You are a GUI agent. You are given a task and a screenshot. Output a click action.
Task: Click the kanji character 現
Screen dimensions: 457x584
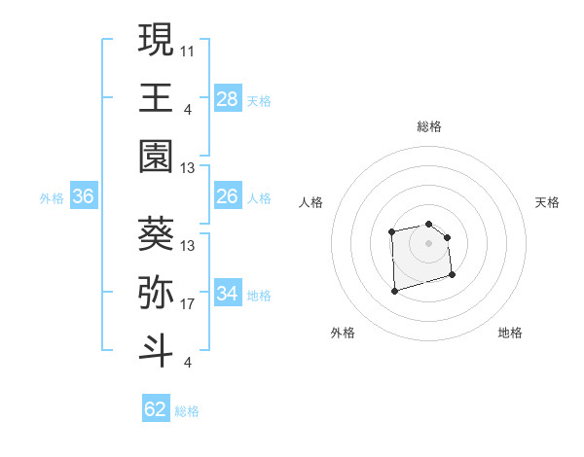[x=156, y=41]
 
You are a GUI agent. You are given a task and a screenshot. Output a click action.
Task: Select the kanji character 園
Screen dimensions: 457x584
[x=156, y=156]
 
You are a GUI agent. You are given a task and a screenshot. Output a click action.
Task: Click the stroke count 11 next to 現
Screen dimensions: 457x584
[x=188, y=50]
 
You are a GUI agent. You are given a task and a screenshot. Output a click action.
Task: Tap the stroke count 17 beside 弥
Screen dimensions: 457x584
[x=188, y=304]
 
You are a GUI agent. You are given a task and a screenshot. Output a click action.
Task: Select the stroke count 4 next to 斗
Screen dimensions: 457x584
[x=187, y=363]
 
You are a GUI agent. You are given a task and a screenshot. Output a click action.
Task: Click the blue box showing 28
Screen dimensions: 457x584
[x=228, y=98]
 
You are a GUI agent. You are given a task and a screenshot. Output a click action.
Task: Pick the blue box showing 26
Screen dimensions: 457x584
[x=228, y=197]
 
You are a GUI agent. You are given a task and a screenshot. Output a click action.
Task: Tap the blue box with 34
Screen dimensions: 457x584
[x=228, y=294]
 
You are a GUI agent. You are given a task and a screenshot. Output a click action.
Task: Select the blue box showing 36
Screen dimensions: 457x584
[x=84, y=197]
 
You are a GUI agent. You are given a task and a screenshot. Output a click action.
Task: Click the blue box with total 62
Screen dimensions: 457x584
[x=156, y=409]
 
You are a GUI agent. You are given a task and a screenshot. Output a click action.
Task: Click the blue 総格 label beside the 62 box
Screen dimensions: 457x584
[x=187, y=411]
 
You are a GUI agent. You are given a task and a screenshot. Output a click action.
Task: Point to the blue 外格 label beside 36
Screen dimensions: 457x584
[x=52, y=198]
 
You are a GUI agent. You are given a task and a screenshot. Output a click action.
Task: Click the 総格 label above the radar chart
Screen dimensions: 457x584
[x=429, y=126]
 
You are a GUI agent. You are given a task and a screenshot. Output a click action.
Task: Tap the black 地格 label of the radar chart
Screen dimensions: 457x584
[x=510, y=333]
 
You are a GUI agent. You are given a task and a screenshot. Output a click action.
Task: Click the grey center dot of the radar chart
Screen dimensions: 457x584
[x=429, y=242]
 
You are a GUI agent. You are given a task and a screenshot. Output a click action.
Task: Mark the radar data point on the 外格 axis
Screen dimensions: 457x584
[x=394, y=290]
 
